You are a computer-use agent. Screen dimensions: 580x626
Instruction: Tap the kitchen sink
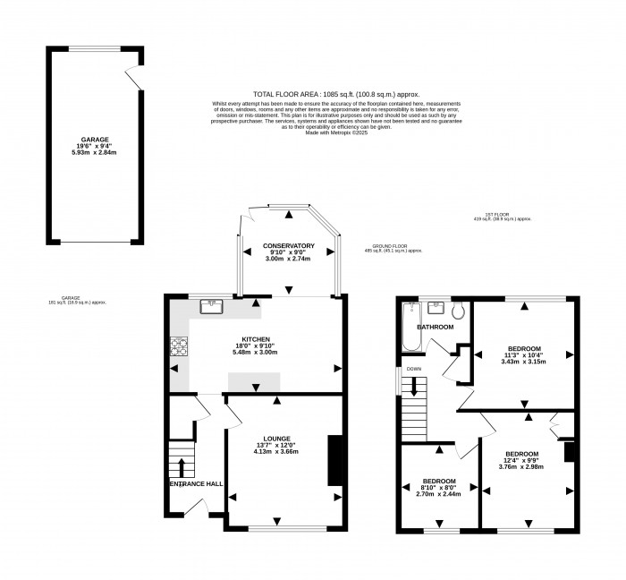pyautogui.click(x=213, y=306)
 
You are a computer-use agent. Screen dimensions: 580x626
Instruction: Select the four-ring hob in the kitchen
pyautogui.click(x=179, y=346)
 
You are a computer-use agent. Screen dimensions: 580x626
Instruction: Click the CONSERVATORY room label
pyautogui.click(x=288, y=246)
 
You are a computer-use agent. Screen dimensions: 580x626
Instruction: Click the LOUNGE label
pyautogui.click(x=275, y=439)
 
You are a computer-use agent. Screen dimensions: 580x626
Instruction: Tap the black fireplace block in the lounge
pyautogui.click(x=334, y=458)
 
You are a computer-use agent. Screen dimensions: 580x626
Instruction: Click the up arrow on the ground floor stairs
pyautogui.click(x=182, y=465)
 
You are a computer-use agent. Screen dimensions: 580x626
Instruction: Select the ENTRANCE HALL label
pyautogui.click(x=195, y=484)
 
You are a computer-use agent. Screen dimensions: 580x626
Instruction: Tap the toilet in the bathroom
pyautogui.click(x=460, y=311)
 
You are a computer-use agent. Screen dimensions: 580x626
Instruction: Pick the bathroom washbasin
pyautogui.click(x=437, y=307)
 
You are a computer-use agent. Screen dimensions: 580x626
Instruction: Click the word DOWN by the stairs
pyautogui.click(x=414, y=369)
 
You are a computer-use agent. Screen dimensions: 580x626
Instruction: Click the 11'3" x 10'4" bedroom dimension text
pyautogui.click(x=523, y=355)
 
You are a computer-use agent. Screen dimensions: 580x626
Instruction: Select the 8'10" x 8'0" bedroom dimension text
pyautogui.click(x=438, y=487)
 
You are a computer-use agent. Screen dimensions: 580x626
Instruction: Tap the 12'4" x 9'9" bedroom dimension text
pyautogui.click(x=521, y=460)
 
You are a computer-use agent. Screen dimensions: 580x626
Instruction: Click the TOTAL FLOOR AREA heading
pyautogui.click(x=292, y=94)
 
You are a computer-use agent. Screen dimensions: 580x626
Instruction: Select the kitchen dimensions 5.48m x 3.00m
pyautogui.click(x=256, y=354)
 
